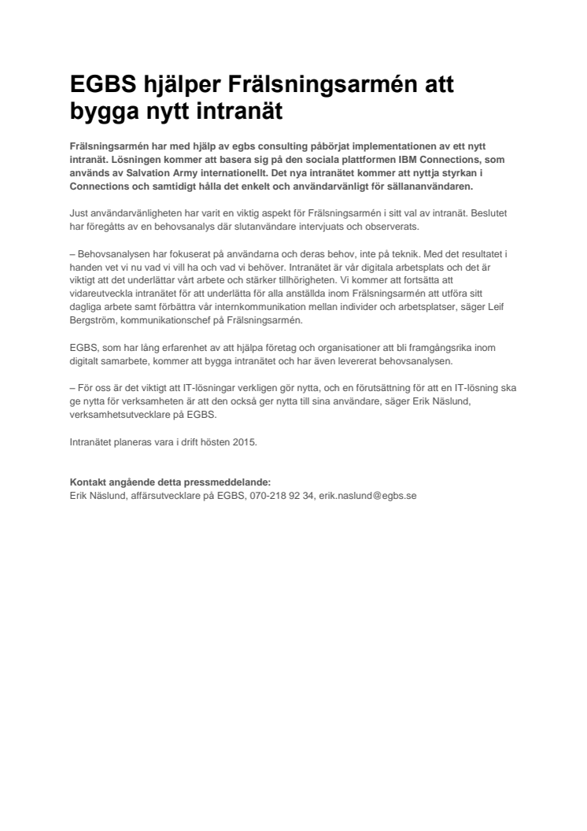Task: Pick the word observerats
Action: (x=394, y=226)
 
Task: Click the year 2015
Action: (x=245, y=442)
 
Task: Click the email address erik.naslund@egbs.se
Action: (x=367, y=496)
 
